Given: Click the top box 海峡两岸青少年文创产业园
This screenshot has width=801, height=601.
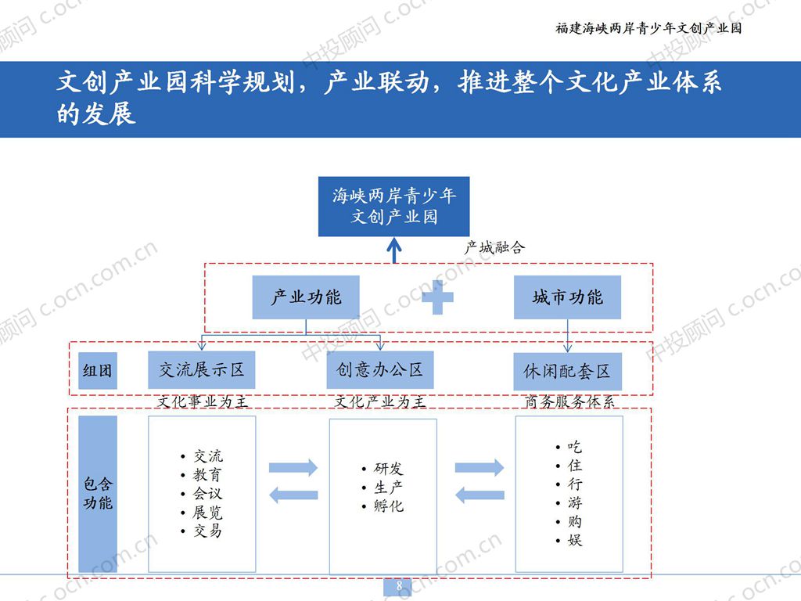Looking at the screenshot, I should (394, 206).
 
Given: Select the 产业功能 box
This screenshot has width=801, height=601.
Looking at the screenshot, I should (306, 297).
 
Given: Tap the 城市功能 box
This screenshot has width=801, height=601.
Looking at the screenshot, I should (567, 297).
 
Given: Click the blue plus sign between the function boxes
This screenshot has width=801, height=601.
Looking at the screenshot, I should (437, 297).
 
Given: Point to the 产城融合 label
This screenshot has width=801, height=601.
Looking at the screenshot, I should (495, 247).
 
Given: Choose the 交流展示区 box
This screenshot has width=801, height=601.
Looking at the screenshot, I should (202, 369).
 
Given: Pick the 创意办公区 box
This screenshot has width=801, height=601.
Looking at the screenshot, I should (380, 369).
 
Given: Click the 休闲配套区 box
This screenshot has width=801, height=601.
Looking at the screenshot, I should (567, 372).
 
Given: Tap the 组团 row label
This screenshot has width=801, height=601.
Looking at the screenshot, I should (98, 371).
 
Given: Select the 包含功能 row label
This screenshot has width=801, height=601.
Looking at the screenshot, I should (98, 494).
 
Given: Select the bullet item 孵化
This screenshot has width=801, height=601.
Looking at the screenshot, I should (389, 506).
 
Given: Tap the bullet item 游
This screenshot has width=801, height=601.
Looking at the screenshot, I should (575, 503).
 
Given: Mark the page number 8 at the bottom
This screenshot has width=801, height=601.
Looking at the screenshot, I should (399, 587).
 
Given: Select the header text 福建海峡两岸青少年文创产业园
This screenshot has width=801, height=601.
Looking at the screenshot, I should (648, 28).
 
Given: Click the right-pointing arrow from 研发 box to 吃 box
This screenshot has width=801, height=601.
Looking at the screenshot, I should (480, 468).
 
